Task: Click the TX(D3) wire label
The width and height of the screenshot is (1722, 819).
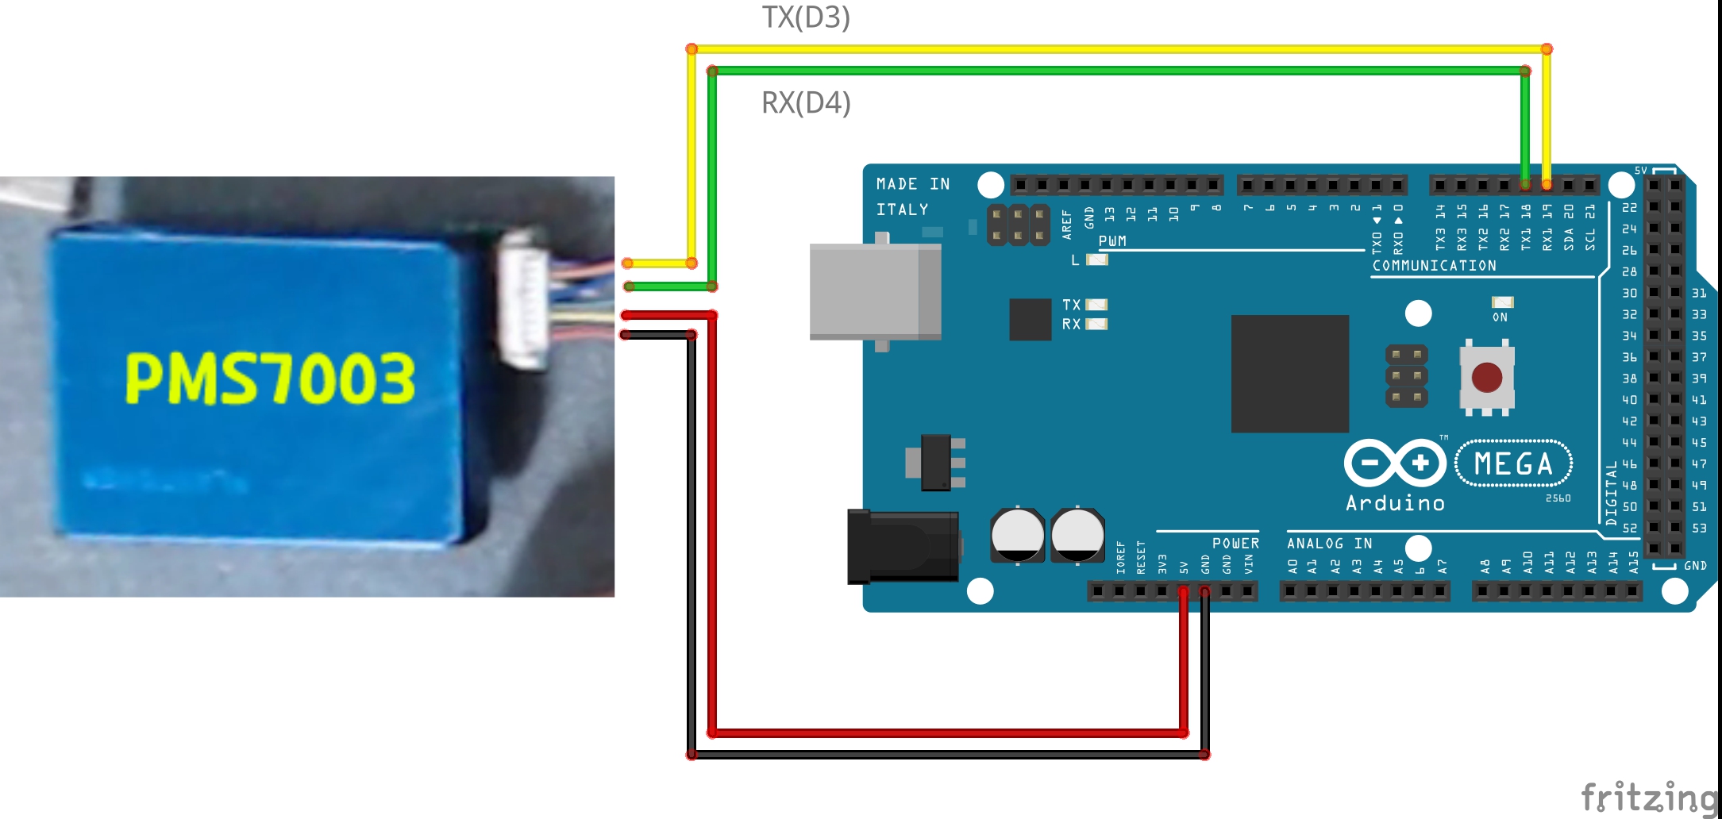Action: (x=806, y=17)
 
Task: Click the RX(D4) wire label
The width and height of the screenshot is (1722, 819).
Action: (x=806, y=103)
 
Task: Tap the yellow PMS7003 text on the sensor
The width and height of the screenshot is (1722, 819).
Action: (x=270, y=379)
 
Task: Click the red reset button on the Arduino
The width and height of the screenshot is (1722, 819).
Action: (x=1486, y=378)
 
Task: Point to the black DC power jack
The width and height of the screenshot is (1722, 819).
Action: (x=903, y=546)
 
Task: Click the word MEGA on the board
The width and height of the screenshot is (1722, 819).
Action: (x=1513, y=463)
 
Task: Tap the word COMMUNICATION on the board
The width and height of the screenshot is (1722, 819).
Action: (x=1434, y=266)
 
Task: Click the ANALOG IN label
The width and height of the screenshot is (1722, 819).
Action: (x=1329, y=544)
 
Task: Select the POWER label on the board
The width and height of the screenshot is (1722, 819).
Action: (x=1235, y=544)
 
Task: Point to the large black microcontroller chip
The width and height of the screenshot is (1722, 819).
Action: (x=1289, y=374)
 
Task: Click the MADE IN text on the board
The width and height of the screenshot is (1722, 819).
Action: (x=913, y=184)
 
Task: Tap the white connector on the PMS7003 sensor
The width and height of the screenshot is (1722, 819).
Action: (x=523, y=299)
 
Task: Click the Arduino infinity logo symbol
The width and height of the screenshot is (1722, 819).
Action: (x=1395, y=462)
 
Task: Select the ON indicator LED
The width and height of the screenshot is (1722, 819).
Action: (x=1502, y=302)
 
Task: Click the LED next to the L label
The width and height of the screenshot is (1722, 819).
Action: (x=1097, y=260)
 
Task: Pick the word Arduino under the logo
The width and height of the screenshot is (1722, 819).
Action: (x=1395, y=503)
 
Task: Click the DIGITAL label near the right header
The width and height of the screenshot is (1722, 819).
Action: (x=1611, y=493)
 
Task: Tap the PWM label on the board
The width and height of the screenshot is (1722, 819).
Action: (x=1112, y=240)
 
